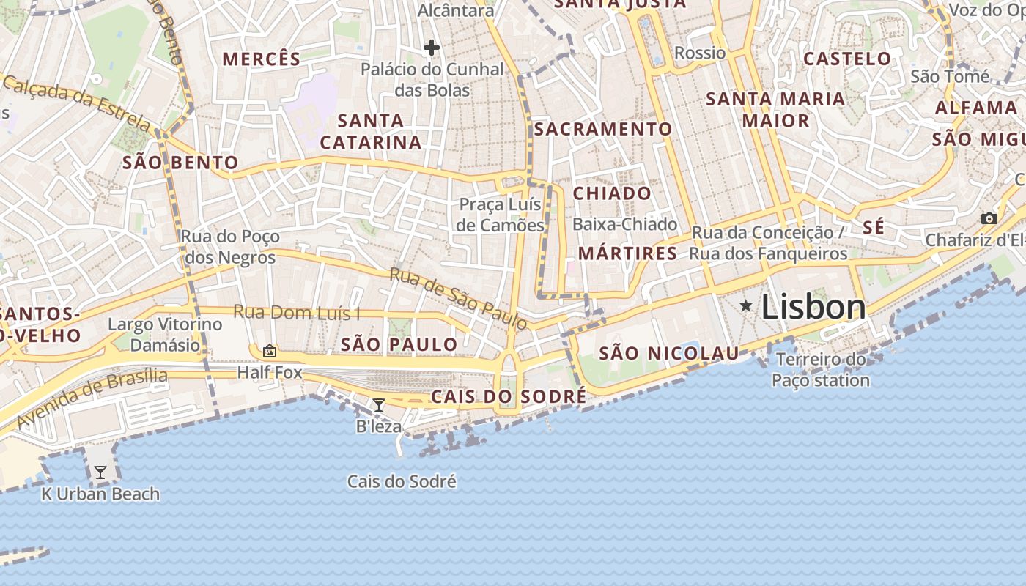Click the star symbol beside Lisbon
[746, 305]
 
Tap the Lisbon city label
[813, 307]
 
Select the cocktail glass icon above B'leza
[379, 405]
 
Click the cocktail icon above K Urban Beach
[100, 472]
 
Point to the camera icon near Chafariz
[989, 218]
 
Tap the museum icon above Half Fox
[269, 352]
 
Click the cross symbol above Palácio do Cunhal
[432, 48]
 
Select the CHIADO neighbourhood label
[612, 193]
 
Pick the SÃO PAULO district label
[399, 344]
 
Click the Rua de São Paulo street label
[458, 298]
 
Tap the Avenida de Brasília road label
[92, 398]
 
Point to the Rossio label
[700, 53]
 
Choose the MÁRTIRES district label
[627, 253]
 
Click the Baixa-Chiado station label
[625, 224]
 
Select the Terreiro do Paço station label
[821, 370]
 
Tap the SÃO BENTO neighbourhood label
[180, 163]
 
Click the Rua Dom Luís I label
[297, 312]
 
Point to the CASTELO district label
[847, 59]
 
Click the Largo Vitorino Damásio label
[165, 334]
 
